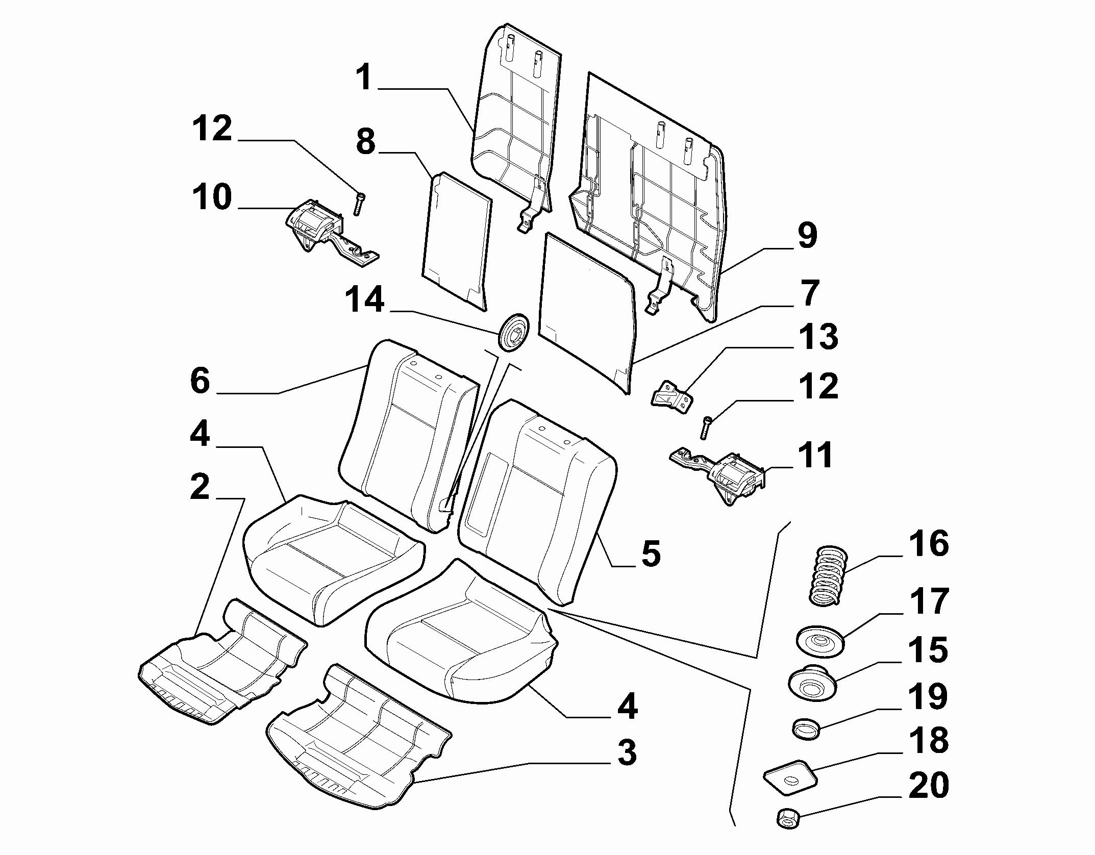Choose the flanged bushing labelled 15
[812, 684]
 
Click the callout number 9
[807, 236]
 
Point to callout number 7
[807, 294]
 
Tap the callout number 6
[200, 381]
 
